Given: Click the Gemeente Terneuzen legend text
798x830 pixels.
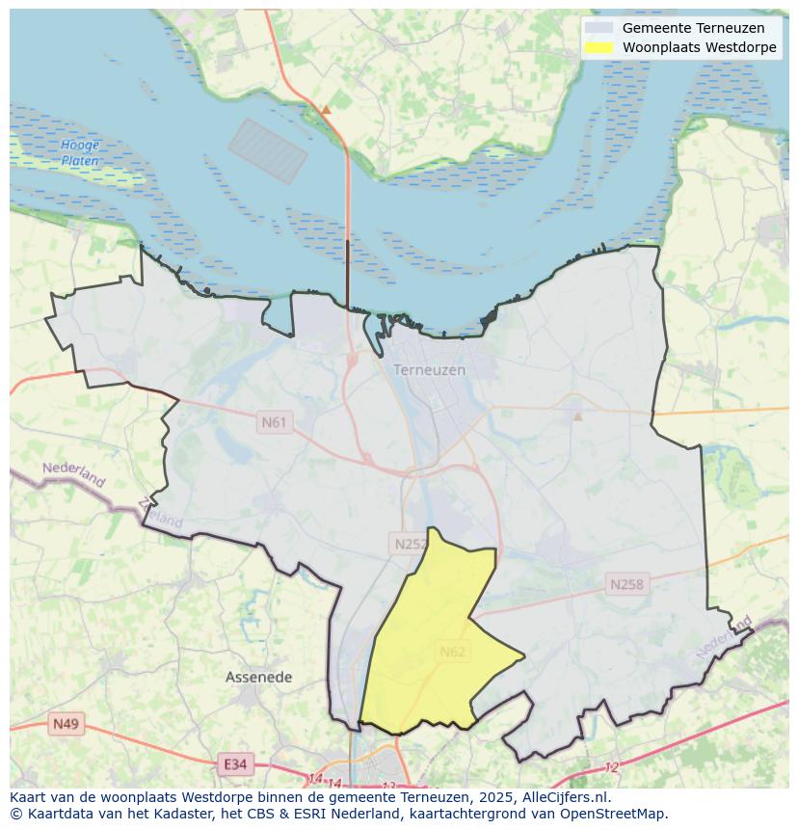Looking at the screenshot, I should [x=693, y=28].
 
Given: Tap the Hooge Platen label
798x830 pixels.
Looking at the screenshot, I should [x=80, y=153].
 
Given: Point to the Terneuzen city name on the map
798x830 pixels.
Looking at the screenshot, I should [x=429, y=370].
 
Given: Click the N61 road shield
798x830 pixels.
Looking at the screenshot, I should [x=275, y=422].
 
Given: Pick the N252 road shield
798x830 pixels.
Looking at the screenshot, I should [x=411, y=544].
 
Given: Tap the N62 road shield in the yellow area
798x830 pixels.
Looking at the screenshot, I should [x=453, y=652].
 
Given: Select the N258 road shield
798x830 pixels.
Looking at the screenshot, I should [x=626, y=584].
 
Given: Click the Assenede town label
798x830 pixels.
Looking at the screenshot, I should [x=258, y=678].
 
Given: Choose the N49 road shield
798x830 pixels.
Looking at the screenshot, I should [x=66, y=724].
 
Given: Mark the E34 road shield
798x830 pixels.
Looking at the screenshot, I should [x=234, y=764].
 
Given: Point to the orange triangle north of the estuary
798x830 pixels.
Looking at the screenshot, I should [x=326, y=110].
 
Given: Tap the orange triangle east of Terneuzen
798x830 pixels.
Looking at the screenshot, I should [x=577, y=416].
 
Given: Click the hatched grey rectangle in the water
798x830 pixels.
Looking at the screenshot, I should [x=268, y=150].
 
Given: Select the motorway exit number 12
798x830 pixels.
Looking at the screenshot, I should [x=612, y=767].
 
